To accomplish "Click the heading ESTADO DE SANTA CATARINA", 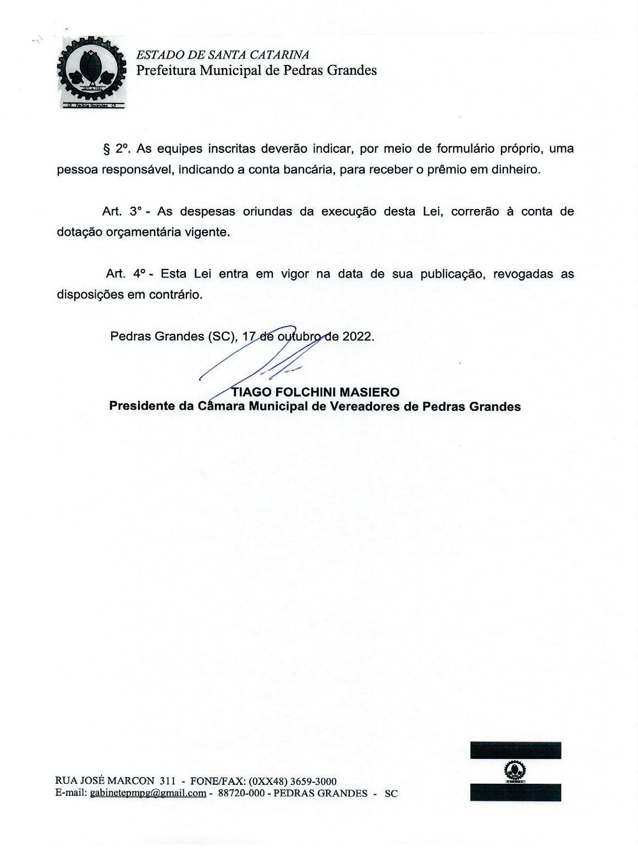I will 222,54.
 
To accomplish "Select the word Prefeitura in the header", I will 166,70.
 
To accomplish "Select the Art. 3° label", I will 122,211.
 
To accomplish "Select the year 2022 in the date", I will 358,336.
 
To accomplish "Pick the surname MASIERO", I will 370,392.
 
